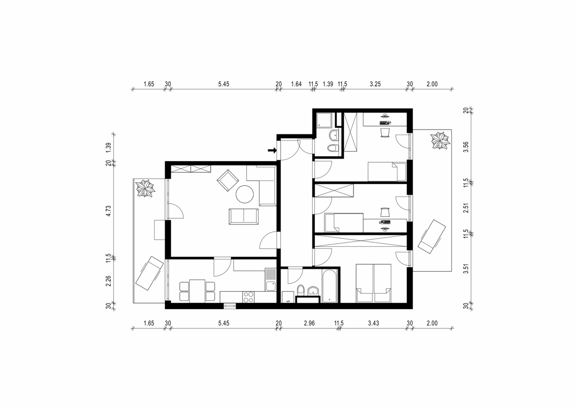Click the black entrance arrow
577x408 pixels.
[272, 150]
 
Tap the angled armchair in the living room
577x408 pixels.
[228, 180]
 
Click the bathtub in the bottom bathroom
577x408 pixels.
[330, 286]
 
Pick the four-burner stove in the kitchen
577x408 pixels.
[248, 297]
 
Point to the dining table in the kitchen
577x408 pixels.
[197, 291]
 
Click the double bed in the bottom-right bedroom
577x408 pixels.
[373, 283]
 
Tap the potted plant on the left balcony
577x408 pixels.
[146, 188]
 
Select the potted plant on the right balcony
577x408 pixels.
[440, 141]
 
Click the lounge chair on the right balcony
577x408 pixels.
[432, 236]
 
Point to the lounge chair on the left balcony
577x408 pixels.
[149, 273]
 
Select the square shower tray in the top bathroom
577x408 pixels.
[325, 121]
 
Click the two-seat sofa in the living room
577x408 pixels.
[244, 216]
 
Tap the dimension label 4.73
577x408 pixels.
[109, 211]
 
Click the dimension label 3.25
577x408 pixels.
[375, 84]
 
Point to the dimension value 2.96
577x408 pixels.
[309, 323]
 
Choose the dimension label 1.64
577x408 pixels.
[296, 84]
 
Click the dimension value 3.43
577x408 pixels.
[373, 323]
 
